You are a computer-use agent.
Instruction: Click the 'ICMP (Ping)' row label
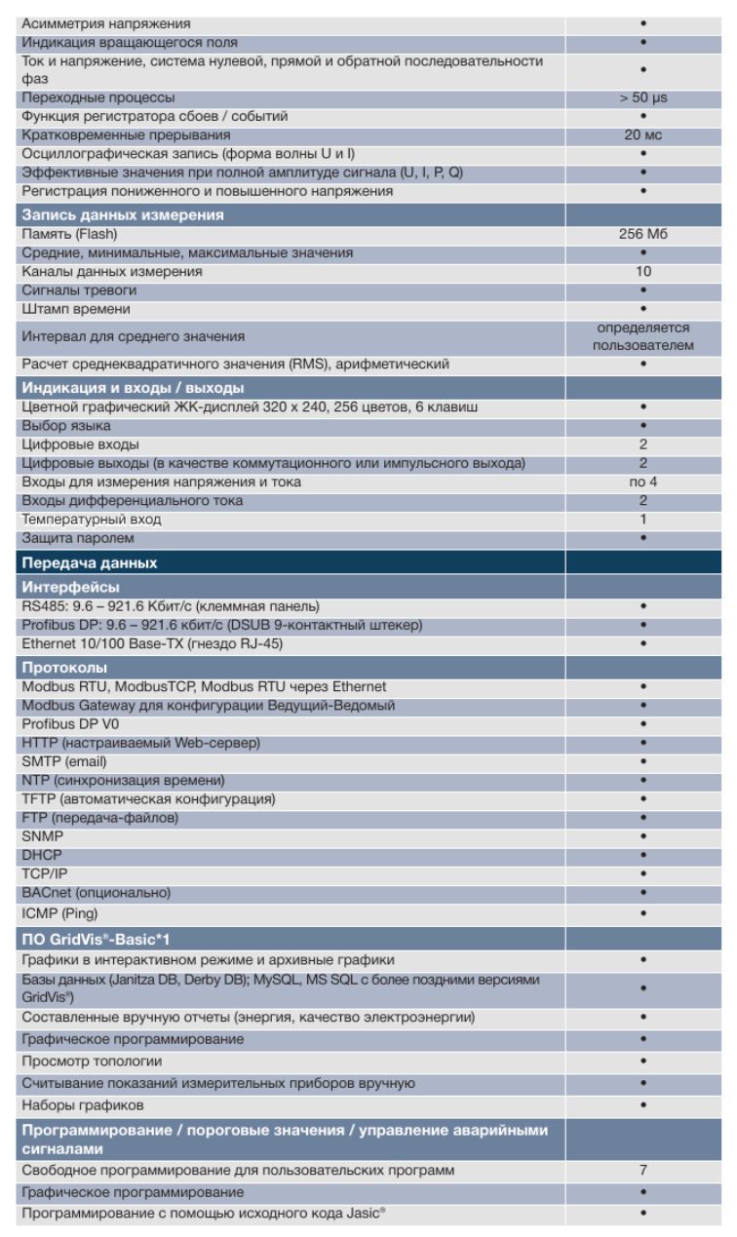pyautogui.click(x=58, y=911)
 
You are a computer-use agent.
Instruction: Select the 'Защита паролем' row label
pyautogui.click(x=72, y=538)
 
